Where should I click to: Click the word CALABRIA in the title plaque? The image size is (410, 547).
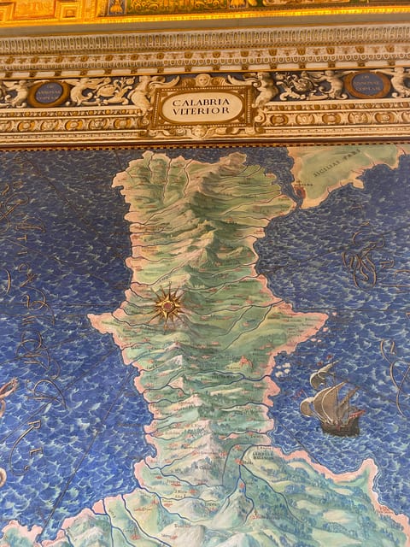coord(202,100)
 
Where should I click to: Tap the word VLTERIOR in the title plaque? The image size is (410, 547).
coord(202,112)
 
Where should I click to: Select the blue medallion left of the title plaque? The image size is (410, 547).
coord(48,92)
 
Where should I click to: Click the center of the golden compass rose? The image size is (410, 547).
coord(168,306)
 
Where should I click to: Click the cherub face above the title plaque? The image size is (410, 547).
coord(202,80)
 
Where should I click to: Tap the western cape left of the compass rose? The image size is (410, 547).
coord(94,322)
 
